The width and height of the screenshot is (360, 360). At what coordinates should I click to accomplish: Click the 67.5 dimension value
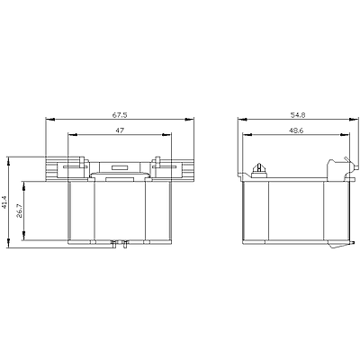pos(120,114)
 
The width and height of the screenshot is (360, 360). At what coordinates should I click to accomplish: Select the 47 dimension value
pos(120,130)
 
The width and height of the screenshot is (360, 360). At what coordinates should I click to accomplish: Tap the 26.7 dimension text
pos(19,211)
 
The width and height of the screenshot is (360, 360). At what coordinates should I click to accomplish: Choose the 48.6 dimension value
pos(296,130)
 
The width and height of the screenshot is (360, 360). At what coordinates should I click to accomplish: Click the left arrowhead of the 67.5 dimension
pos(50,120)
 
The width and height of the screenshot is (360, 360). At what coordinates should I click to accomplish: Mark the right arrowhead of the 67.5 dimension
pos(190,120)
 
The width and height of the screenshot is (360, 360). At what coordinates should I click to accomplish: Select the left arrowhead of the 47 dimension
pos(73,135)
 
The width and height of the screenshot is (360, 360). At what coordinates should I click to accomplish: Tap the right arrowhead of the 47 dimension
pos(166,135)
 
